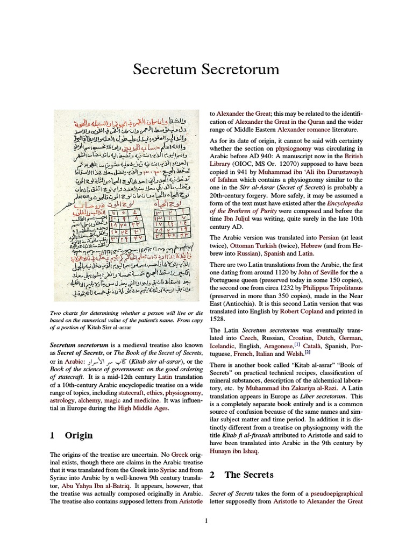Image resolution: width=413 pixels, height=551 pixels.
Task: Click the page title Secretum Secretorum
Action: [206, 69]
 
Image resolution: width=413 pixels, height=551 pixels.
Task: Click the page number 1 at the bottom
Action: [206, 520]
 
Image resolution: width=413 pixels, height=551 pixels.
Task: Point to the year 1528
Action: [217, 321]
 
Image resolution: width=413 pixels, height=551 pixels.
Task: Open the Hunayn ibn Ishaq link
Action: [233, 451]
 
